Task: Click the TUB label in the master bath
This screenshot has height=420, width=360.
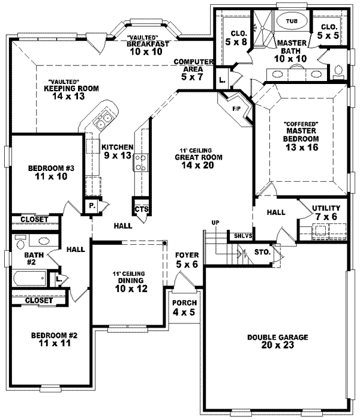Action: click(292, 21)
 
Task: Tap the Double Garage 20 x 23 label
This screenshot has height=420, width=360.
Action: click(277, 341)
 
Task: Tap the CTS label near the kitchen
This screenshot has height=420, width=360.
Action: click(142, 209)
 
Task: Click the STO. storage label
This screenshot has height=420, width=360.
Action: click(263, 253)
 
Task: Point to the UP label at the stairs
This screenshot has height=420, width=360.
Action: click(214, 223)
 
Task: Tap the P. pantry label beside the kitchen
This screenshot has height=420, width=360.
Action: click(93, 205)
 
